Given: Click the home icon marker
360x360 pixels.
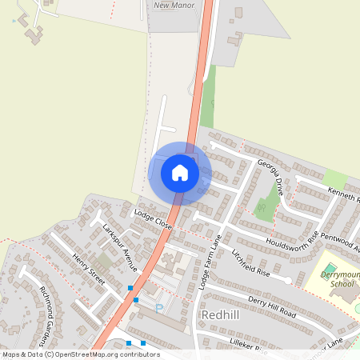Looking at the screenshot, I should click(180, 173).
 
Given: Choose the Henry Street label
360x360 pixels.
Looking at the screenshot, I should click(88, 269).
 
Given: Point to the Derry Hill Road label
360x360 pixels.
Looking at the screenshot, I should click(272, 306).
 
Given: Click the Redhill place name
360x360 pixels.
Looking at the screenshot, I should click(222, 315).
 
